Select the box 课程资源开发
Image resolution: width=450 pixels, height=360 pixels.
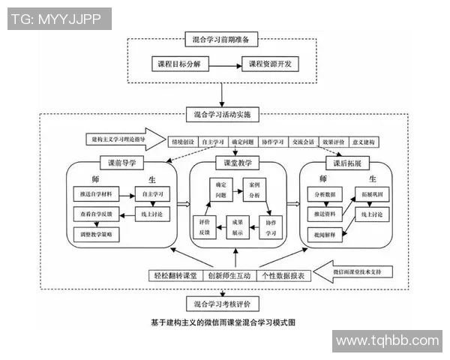coord(269,64)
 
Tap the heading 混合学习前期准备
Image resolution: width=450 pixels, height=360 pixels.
coord(222,38)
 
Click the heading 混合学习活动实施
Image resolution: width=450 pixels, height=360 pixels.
coord(222,115)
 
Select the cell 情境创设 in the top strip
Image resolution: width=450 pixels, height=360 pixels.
coord(182,142)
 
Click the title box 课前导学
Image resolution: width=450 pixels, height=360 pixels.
coord(121,163)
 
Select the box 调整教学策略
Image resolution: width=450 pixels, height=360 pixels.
coord(94,235)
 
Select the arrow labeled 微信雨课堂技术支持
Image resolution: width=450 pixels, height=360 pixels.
coord(360,269)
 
